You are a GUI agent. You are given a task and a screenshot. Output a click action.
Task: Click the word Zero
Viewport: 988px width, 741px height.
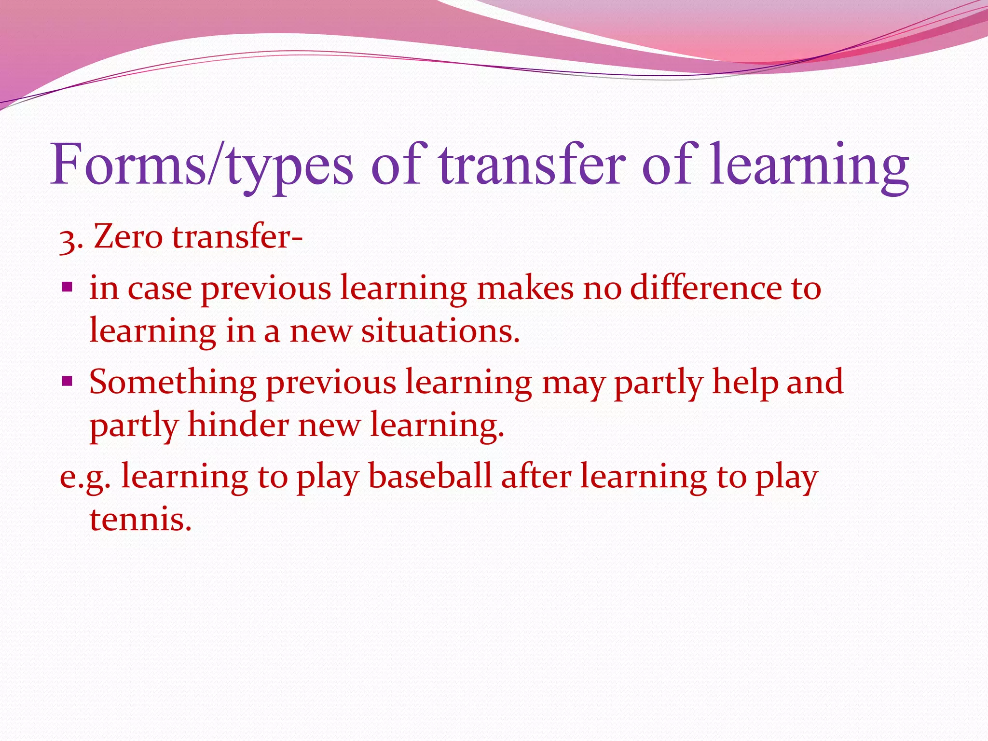tap(128, 237)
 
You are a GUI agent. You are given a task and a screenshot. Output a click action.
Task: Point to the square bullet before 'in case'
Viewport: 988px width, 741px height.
tap(67, 288)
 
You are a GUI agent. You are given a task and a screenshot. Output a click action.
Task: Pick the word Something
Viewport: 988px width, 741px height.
tap(173, 383)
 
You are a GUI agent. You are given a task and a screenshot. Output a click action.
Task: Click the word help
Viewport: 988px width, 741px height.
tap(745, 383)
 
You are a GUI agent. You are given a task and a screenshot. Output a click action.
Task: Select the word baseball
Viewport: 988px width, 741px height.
tap(430, 477)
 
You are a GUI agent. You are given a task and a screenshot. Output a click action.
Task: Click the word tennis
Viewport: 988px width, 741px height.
tap(140, 520)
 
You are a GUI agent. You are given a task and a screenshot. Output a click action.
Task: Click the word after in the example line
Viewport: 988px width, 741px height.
tap(536, 477)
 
